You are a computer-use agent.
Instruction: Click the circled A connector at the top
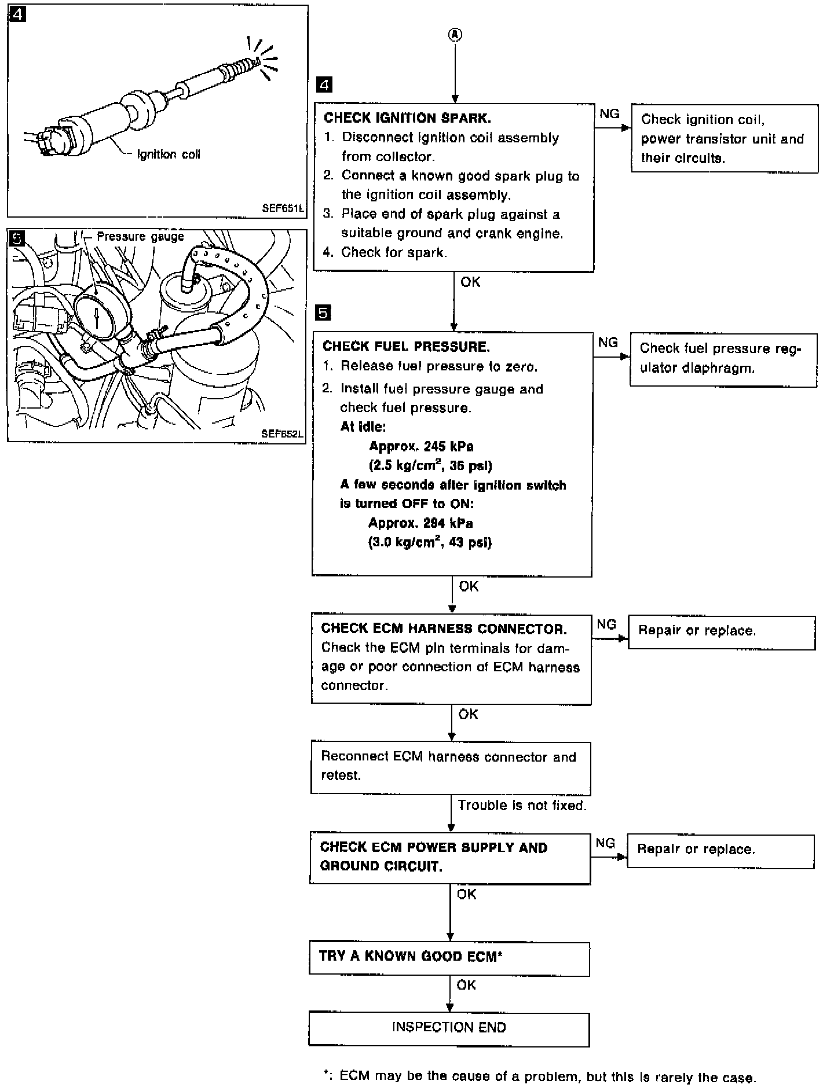[x=455, y=35]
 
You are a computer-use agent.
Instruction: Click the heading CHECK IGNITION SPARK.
[x=407, y=118]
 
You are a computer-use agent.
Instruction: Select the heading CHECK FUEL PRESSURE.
[x=406, y=347]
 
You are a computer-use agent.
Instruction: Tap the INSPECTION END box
[x=449, y=1027]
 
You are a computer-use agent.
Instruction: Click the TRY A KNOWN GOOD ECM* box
[x=449, y=956]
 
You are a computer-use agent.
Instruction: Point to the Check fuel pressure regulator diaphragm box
[x=723, y=359]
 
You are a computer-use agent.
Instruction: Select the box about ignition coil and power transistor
[x=724, y=139]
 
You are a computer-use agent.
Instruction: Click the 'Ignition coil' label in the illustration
[x=169, y=155]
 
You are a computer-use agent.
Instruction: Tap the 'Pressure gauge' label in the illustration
[x=140, y=237]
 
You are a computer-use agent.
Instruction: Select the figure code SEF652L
[x=282, y=433]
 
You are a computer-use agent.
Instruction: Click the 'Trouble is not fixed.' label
[x=522, y=806]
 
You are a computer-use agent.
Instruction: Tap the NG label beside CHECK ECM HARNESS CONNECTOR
[x=606, y=624]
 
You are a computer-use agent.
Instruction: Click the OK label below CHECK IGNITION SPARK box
[x=470, y=282]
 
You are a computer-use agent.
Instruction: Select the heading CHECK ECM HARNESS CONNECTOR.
[x=444, y=628]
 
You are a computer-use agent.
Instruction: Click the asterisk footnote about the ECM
[x=539, y=1077]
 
